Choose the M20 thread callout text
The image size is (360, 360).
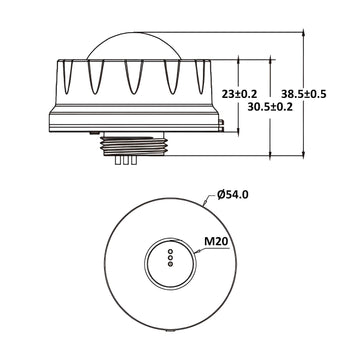(x=217, y=241)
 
